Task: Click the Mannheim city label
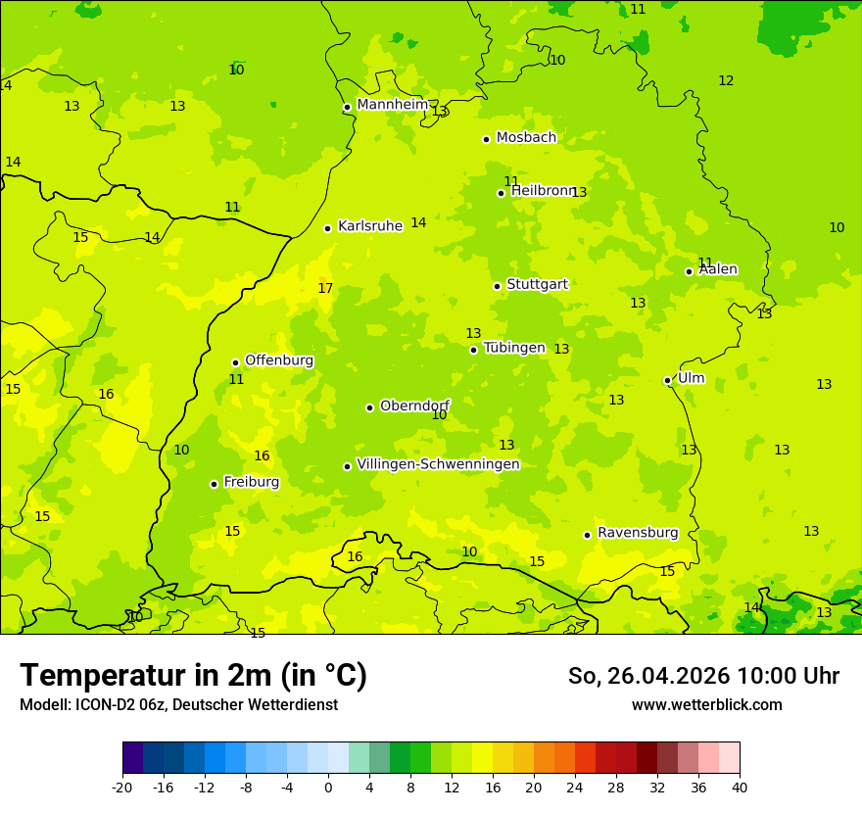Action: click(x=392, y=105)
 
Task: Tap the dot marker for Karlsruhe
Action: click(x=327, y=228)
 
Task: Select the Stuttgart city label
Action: click(x=537, y=284)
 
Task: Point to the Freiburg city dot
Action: click(x=214, y=484)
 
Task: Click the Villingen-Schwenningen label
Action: click(x=438, y=464)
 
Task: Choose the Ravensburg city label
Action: click(x=638, y=533)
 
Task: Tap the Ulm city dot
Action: click(x=667, y=380)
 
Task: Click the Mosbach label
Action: click(x=526, y=138)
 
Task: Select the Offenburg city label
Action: click(x=279, y=360)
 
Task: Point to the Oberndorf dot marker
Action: click(x=369, y=407)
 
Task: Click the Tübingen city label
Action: click(x=514, y=348)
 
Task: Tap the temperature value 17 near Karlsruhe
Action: click(x=325, y=288)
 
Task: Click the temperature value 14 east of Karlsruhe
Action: click(x=418, y=223)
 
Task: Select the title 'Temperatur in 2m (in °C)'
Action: click(x=193, y=676)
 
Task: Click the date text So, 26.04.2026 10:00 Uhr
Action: click(x=703, y=676)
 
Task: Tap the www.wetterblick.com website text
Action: click(x=706, y=705)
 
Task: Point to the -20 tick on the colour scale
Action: click(x=122, y=787)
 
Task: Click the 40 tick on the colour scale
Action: click(x=739, y=787)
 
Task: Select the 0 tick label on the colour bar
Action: click(x=328, y=787)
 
